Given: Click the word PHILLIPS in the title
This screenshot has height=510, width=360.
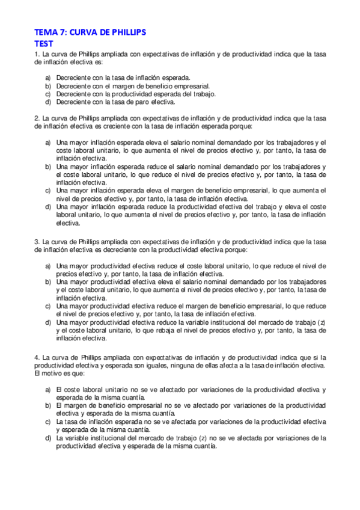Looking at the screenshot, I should click(x=124, y=32).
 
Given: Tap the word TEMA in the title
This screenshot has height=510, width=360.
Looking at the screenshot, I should click(x=44, y=32).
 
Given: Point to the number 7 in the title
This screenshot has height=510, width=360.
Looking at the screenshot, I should click(x=61, y=32).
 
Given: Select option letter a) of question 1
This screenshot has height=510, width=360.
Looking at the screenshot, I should click(x=48, y=78).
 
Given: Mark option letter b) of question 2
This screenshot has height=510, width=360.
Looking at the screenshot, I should click(x=48, y=166).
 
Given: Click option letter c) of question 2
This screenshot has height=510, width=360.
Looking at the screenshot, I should click(x=48, y=190).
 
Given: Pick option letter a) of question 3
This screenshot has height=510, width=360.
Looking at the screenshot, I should click(x=48, y=265).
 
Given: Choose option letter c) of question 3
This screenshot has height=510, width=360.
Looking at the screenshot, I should click(x=48, y=306).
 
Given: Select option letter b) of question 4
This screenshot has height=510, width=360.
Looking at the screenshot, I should click(x=48, y=406).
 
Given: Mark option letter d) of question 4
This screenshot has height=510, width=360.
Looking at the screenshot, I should click(x=48, y=438).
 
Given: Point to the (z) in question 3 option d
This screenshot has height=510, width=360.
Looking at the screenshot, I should click(x=321, y=322).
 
